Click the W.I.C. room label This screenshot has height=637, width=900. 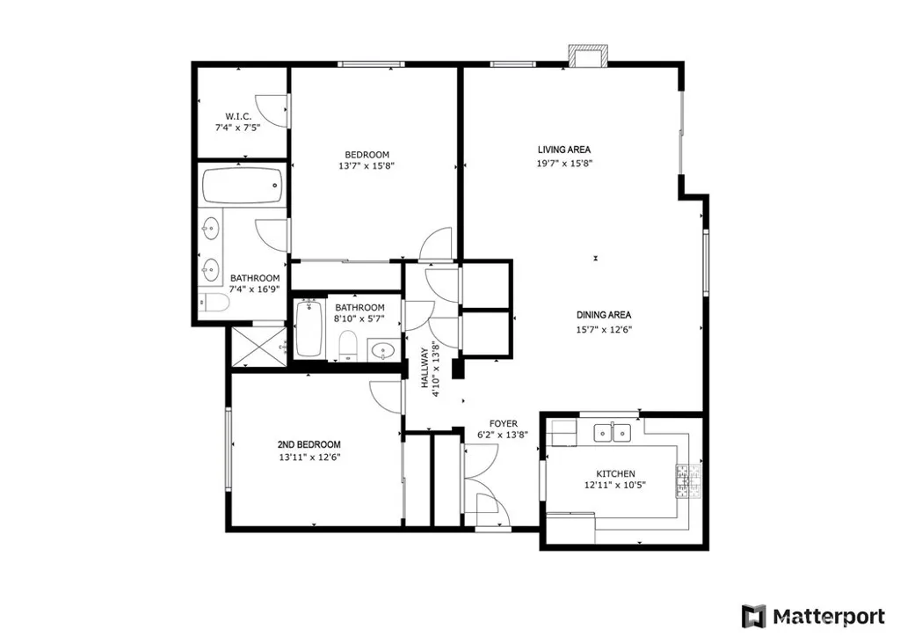[237, 116]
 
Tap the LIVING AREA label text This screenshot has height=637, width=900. [563, 150]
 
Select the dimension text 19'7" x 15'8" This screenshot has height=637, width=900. [563, 163]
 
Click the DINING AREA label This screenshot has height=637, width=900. [604, 315]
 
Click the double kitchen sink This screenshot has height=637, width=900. [613, 432]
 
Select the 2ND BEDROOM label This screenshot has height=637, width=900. [308, 444]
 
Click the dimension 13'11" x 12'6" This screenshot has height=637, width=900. [308, 458]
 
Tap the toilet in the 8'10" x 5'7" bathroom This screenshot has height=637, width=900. [347, 346]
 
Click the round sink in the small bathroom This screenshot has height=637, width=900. [381, 351]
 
